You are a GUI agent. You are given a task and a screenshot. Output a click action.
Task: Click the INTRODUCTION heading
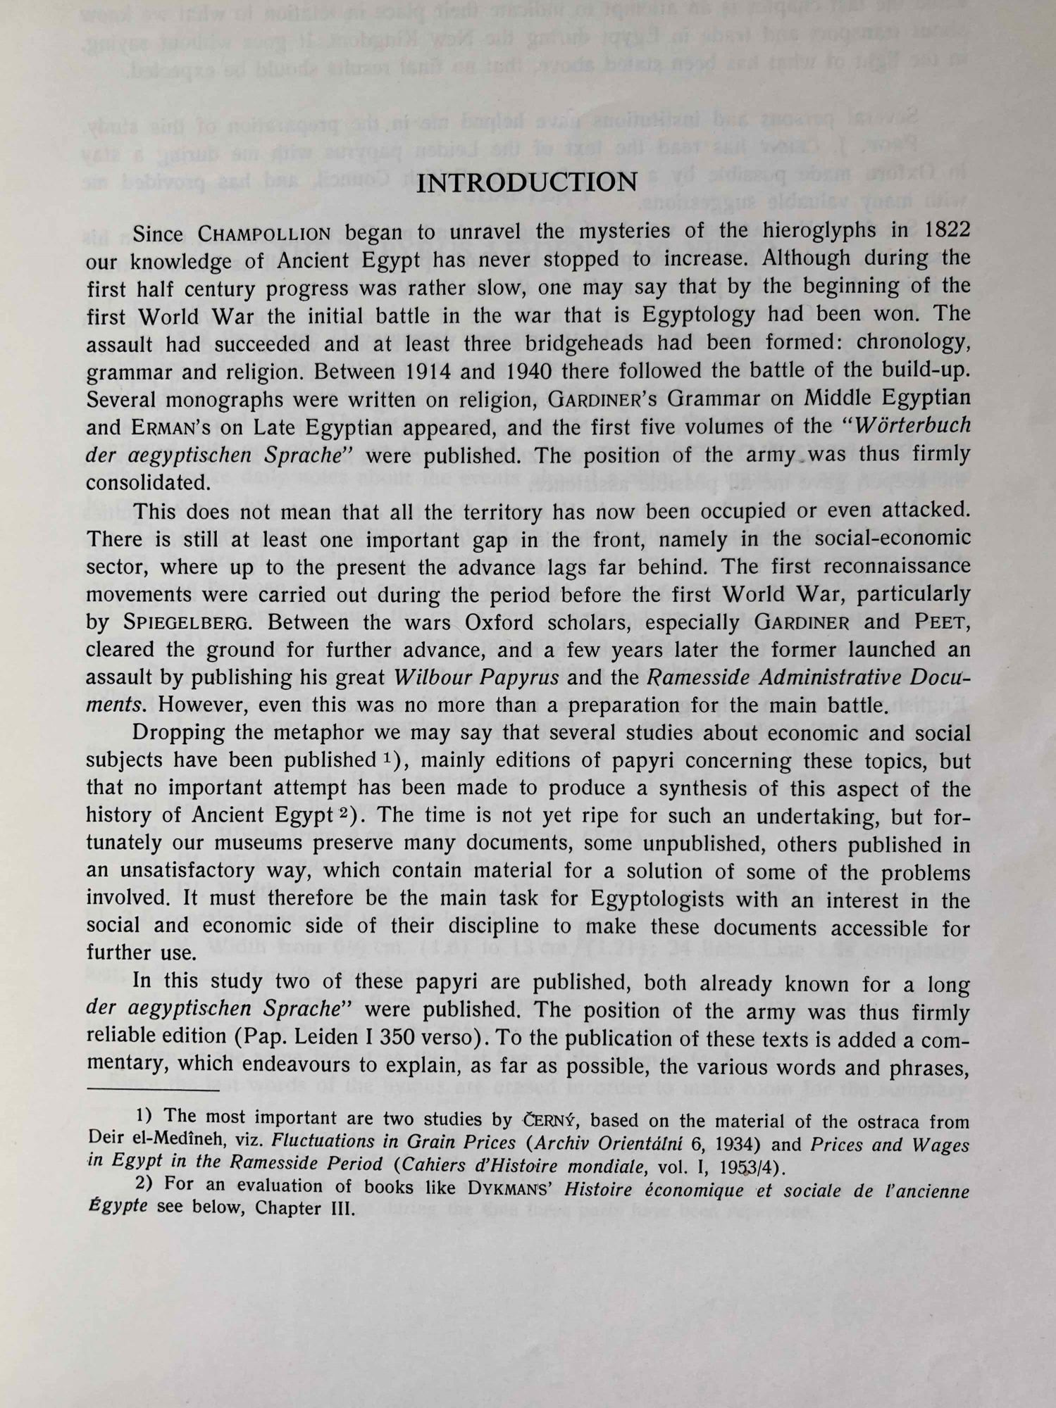(527, 183)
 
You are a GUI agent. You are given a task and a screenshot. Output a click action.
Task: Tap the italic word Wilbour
(437, 678)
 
